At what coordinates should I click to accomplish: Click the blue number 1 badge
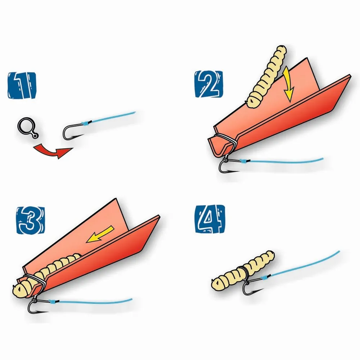pos(22,85)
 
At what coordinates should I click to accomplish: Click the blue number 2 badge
pos(209,84)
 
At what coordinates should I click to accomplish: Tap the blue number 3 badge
pos(31,220)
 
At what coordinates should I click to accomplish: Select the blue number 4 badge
pos(210,219)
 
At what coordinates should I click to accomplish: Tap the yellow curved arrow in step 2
pos(288,83)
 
